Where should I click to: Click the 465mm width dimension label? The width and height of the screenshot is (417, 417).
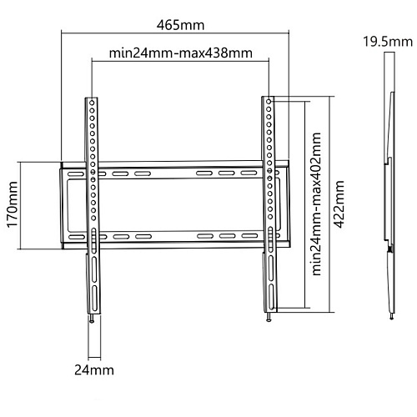[x=180, y=25]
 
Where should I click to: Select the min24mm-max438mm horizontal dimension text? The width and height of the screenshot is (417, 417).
[x=181, y=53]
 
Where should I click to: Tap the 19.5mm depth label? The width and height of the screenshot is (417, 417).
[x=388, y=42]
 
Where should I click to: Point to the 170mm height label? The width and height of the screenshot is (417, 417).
[x=13, y=204]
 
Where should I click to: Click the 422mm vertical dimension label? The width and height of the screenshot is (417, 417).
[x=339, y=204]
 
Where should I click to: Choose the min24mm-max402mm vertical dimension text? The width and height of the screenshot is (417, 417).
[x=316, y=203]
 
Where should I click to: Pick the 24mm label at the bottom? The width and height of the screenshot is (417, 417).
[x=94, y=370]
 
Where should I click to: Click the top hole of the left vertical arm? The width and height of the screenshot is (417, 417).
[x=92, y=103]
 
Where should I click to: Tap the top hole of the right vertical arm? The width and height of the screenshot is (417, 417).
[x=269, y=102]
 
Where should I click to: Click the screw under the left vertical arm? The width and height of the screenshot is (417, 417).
[x=92, y=319]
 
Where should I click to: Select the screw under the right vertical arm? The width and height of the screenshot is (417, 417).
[x=269, y=318]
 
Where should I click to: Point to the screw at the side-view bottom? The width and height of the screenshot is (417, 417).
[x=391, y=316]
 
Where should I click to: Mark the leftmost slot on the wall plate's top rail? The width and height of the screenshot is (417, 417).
[x=77, y=174]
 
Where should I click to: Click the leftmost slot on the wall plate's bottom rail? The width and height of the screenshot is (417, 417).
[x=77, y=237]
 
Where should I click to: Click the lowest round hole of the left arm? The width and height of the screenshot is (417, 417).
[x=93, y=219]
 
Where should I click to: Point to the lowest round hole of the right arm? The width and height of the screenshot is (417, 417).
[x=270, y=216]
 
